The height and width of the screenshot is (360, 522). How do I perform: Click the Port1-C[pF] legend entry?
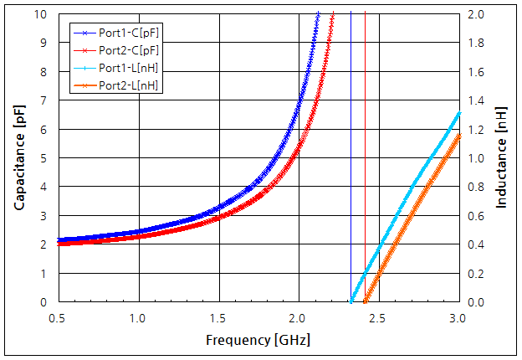coord(125,33)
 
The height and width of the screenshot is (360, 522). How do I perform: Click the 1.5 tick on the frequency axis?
coord(218,318)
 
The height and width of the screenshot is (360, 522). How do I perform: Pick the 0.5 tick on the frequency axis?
coord(58,318)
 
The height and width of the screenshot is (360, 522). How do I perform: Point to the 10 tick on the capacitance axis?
coord(42,14)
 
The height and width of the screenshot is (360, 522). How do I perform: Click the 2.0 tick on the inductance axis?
coord(476,14)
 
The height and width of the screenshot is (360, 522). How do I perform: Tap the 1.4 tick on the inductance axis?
coord(476,100)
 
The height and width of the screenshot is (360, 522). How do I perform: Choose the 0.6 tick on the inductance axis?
coord(476,215)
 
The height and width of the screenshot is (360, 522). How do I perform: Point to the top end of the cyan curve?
coord(459,113)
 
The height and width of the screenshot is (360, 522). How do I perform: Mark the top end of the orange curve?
coord(459,135)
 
